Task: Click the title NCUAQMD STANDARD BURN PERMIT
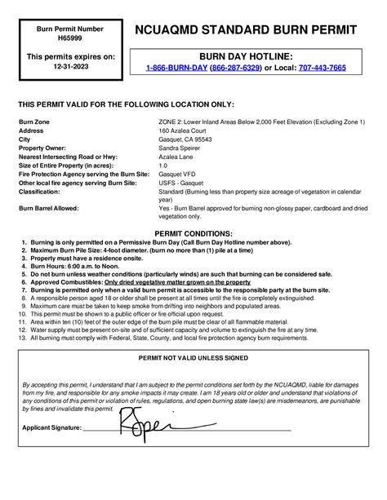click(245, 30)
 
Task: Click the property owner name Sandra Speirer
click(180, 148)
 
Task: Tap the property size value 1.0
click(162, 166)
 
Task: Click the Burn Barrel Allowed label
click(48, 209)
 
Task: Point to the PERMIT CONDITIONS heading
click(193, 233)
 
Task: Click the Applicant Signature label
click(51, 427)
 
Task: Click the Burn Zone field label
click(33, 122)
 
